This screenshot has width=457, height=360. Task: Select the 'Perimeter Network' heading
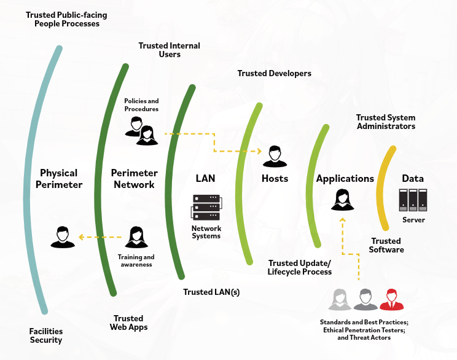click(x=135, y=178)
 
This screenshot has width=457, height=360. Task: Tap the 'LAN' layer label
click(x=205, y=178)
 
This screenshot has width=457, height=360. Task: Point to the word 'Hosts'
click(x=275, y=178)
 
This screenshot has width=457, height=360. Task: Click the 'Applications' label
click(x=345, y=178)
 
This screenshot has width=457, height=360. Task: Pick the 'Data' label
click(x=413, y=178)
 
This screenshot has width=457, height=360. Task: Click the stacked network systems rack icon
click(x=206, y=208)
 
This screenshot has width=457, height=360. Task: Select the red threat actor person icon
click(x=391, y=300)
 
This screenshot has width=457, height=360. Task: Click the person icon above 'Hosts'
click(x=275, y=157)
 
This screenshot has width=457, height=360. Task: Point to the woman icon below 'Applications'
click(x=343, y=200)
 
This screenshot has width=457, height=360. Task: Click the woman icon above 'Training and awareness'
click(x=136, y=238)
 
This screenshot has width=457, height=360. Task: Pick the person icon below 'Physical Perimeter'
click(x=62, y=238)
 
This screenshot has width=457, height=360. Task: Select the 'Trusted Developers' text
click(x=274, y=73)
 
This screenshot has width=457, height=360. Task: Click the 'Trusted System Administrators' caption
click(x=386, y=122)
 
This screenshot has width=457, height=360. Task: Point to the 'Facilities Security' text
click(x=46, y=335)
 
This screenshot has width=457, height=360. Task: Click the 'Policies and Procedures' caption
click(x=141, y=104)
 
